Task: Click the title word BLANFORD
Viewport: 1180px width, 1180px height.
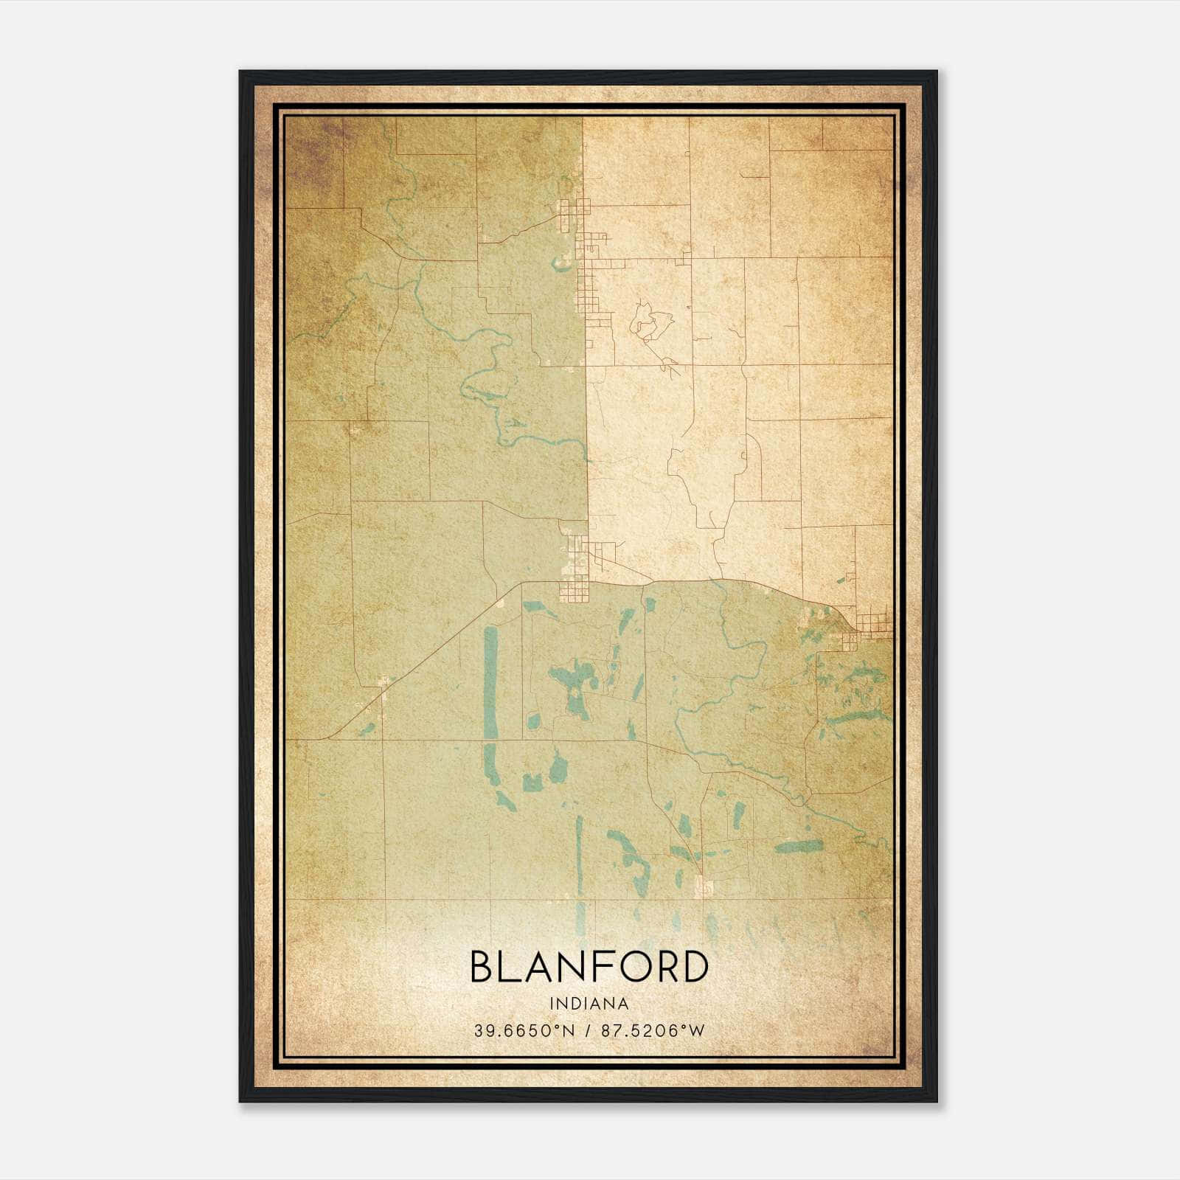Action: (x=589, y=967)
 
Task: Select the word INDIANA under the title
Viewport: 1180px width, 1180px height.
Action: (x=589, y=1004)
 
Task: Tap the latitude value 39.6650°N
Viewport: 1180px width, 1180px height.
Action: (x=524, y=1030)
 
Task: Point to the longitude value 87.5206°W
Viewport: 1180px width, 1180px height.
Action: (x=653, y=1030)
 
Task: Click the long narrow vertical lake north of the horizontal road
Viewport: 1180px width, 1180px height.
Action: (x=490, y=682)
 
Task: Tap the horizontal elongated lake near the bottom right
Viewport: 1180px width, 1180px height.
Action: (x=798, y=847)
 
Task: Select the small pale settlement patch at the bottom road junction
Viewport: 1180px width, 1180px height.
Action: (x=705, y=885)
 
